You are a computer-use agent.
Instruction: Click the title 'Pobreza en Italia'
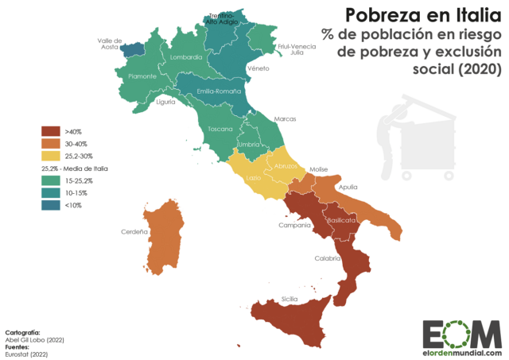click(x=422, y=14)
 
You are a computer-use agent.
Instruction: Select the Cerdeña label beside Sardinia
click(x=134, y=232)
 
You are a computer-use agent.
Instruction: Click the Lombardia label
click(x=187, y=57)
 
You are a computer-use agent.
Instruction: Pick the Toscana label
click(x=220, y=128)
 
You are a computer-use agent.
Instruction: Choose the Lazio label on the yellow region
click(x=254, y=178)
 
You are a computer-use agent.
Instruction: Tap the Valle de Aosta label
click(x=109, y=44)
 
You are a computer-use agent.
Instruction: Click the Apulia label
click(x=348, y=188)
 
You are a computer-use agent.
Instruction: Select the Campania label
click(x=293, y=226)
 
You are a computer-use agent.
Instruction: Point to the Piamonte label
click(x=133, y=76)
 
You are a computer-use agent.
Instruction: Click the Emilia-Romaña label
click(x=219, y=91)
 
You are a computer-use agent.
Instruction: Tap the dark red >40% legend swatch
click(x=52, y=131)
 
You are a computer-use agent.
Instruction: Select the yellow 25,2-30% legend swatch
click(x=52, y=157)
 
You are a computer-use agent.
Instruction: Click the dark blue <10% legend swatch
click(x=52, y=206)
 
